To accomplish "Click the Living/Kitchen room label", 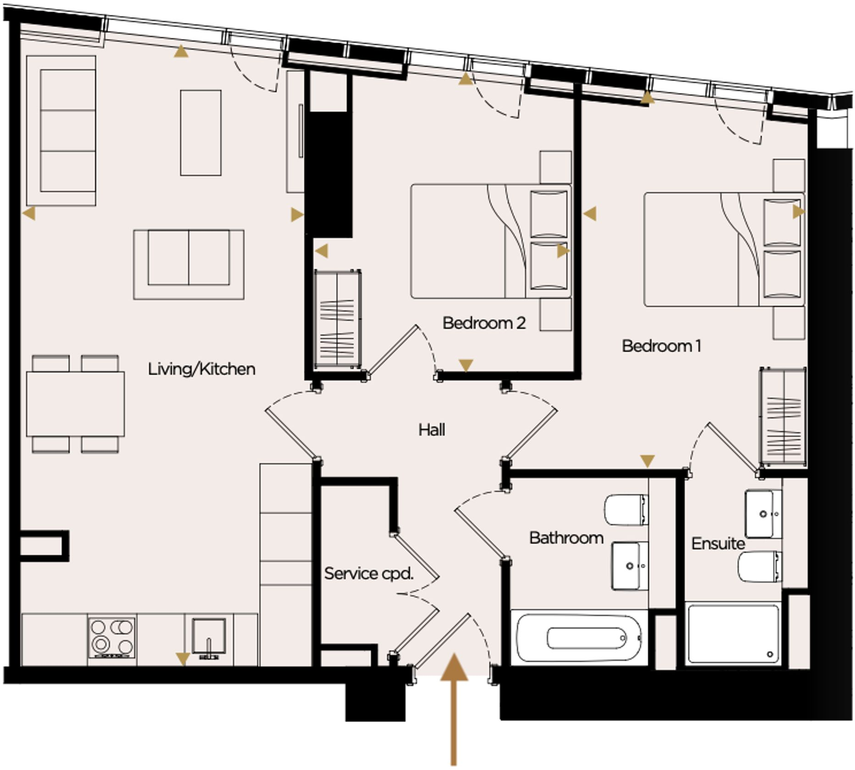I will pos(201,369).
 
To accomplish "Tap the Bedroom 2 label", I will pos(484,323).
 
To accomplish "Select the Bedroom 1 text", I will pos(661,346).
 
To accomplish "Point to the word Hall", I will pos(432,430).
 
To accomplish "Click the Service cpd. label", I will pos(369,573).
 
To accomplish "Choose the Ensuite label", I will pos(718,544).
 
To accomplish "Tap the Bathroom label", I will pos(566,538).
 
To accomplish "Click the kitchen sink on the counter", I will pos(209,636).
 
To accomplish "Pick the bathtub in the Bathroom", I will pos(579,638).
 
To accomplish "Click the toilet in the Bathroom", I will pos(626,510).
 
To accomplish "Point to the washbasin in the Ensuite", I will pos(763,514).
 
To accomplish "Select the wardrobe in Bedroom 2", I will pos(338,319).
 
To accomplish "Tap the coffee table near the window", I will pos(200,132).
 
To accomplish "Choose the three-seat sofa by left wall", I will pos(61,131).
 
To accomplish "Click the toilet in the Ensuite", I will pos(759,566).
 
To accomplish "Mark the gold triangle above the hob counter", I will pos(183,659).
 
